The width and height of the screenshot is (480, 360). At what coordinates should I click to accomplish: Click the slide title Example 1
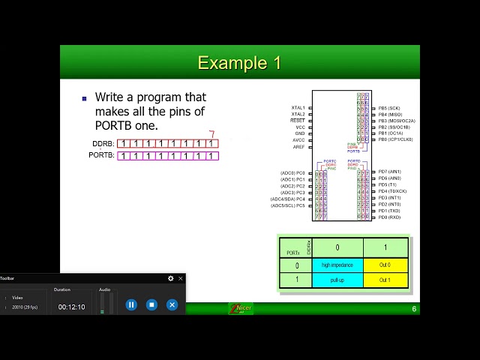coord(239,63)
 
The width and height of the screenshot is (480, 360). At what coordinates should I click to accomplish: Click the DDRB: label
coord(103,143)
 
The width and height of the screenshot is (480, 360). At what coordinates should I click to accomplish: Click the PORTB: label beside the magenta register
coord(101,155)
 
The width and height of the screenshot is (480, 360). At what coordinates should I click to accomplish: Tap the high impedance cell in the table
coord(337,265)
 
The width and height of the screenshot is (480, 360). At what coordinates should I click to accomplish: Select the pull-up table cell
coord(337,280)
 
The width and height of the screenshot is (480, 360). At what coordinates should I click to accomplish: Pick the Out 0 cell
coord(385,265)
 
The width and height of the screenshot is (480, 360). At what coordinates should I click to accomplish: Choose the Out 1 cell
coord(385,280)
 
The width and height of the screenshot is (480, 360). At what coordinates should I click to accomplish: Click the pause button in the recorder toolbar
coord(131,304)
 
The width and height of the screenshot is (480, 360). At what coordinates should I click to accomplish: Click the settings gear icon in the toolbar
coord(171,278)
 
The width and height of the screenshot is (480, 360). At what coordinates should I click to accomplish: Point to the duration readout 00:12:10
coord(71,307)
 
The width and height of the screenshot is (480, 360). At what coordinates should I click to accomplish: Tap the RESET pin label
coord(298,120)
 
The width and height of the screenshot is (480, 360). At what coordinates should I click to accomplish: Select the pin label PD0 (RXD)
coord(389,217)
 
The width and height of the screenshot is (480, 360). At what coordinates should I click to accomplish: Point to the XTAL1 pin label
coord(298,108)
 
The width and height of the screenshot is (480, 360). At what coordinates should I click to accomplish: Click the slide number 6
coord(414,309)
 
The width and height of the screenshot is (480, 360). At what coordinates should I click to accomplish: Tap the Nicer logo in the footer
coord(241,308)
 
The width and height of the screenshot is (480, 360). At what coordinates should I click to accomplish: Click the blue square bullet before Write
coord(84,98)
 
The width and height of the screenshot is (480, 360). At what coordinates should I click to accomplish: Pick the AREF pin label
coord(298,147)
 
